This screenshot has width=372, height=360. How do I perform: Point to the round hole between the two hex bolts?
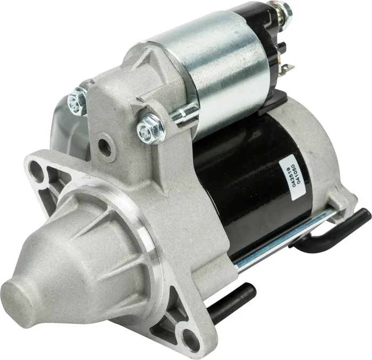click(105, 147)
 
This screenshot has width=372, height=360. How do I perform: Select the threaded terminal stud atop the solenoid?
click(284, 9)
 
